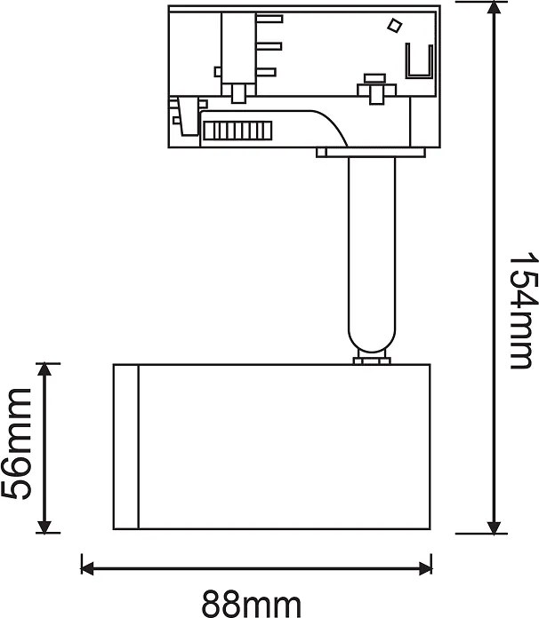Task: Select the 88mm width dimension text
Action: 251,604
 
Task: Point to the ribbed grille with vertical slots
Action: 235,131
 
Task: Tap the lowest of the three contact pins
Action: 265,71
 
